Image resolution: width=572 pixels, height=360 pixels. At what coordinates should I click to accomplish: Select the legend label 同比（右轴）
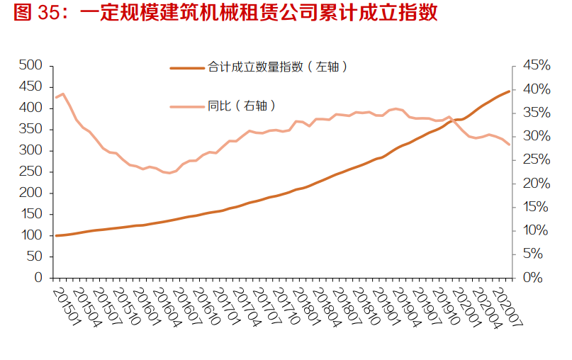tap(242, 106)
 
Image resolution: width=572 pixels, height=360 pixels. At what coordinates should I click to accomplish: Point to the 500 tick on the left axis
tap(31, 65)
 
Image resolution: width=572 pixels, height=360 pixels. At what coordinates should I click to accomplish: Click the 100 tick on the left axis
tap(31, 235)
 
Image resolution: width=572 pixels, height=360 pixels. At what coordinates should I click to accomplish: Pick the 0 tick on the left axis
tap(39, 278)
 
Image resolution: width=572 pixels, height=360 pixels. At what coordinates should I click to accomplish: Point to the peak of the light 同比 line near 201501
tap(63, 94)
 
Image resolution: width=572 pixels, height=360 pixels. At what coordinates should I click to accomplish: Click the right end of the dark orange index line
tap(509, 91)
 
